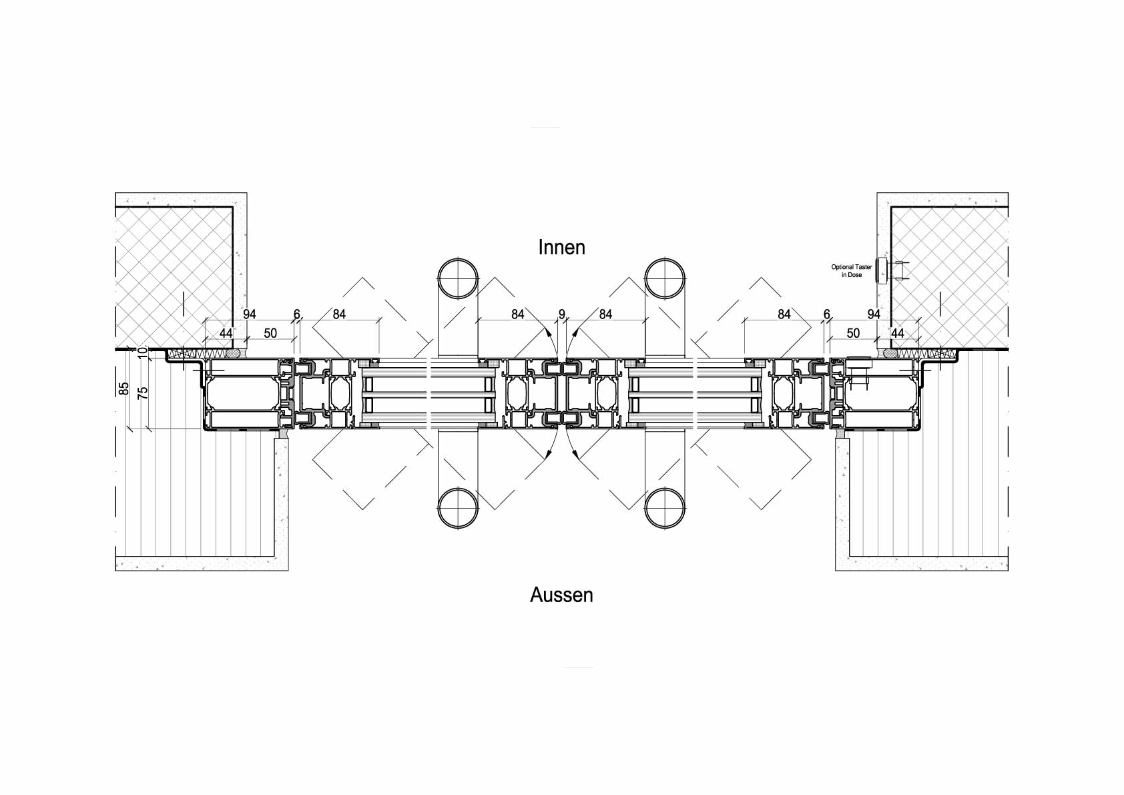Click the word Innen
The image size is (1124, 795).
[x=561, y=248]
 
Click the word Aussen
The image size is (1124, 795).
[x=561, y=595]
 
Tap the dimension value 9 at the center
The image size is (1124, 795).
[x=561, y=314]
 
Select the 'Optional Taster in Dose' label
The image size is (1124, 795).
[x=851, y=270]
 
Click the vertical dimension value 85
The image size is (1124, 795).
[x=123, y=389]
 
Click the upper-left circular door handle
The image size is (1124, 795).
[x=457, y=278]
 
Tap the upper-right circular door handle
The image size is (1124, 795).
[x=665, y=278]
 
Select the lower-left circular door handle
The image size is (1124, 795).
[x=457, y=507]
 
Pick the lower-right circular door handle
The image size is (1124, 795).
[x=665, y=507]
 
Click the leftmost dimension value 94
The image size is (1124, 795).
[x=249, y=314]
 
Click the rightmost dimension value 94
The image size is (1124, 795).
[x=873, y=314]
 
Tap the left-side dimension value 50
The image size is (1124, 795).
[x=270, y=332]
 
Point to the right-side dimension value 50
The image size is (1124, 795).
[x=852, y=332]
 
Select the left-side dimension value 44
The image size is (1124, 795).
[x=226, y=332]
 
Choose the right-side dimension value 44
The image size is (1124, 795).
[x=897, y=332]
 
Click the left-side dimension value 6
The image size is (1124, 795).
[x=297, y=314]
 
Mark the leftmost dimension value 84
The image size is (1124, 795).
[x=338, y=314]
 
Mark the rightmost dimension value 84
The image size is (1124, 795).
[x=784, y=314]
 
